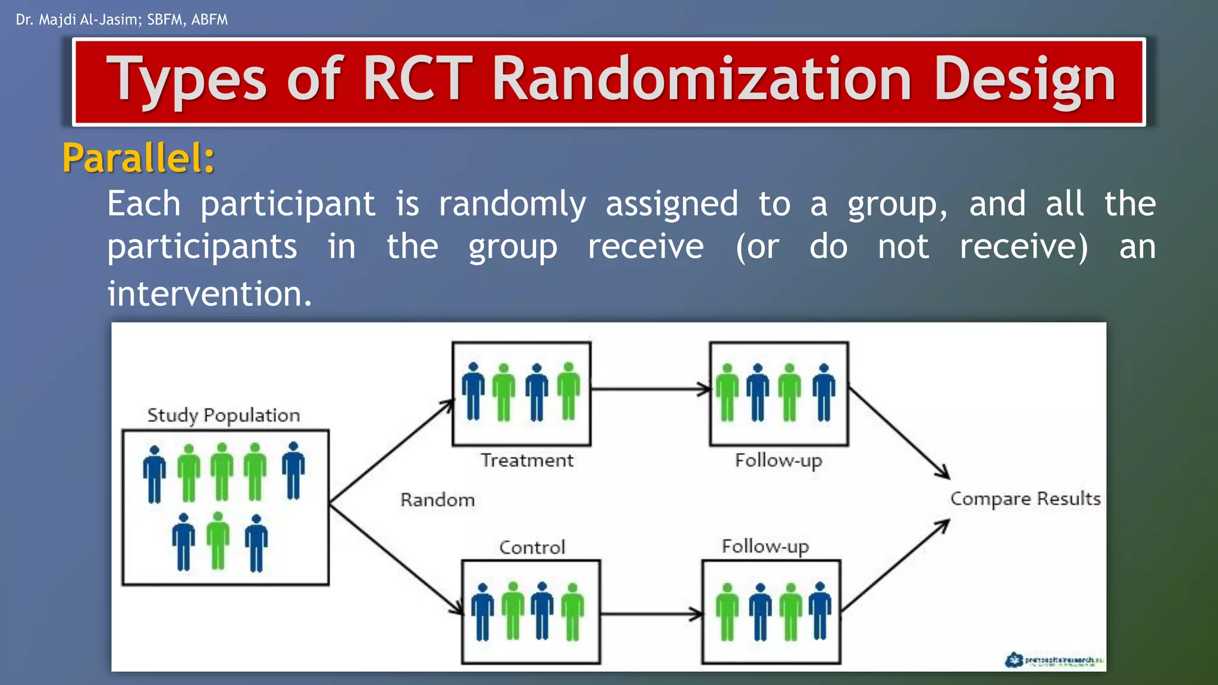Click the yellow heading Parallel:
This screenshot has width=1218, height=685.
click(x=138, y=158)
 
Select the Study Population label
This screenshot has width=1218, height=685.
click(x=224, y=415)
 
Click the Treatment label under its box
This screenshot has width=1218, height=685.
click(x=527, y=460)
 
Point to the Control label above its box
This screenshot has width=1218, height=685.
click(x=532, y=547)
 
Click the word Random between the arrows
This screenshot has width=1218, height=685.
click(x=437, y=500)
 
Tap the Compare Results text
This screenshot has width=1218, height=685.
click(x=1025, y=498)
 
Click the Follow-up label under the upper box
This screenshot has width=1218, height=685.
click(x=778, y=460)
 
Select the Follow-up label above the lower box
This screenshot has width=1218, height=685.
click(x=765, y=546)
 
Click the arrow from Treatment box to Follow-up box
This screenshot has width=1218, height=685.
click(x=651, y=389)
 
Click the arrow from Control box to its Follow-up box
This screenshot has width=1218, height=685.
click(x=652, y=614)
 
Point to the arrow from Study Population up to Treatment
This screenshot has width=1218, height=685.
click(x=391, y=452)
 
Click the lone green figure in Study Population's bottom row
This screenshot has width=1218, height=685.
click(x=218, y=541)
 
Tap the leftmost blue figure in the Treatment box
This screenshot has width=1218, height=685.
click(x=473, y=392)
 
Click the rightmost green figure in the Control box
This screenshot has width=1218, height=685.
click(x=573, y=611)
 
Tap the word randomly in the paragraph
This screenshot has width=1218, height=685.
click(x=512, y=204)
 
